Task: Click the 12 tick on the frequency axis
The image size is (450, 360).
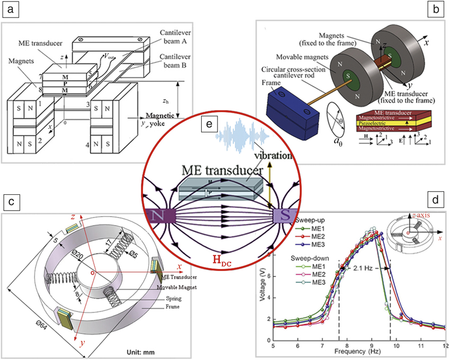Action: (444, 345)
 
